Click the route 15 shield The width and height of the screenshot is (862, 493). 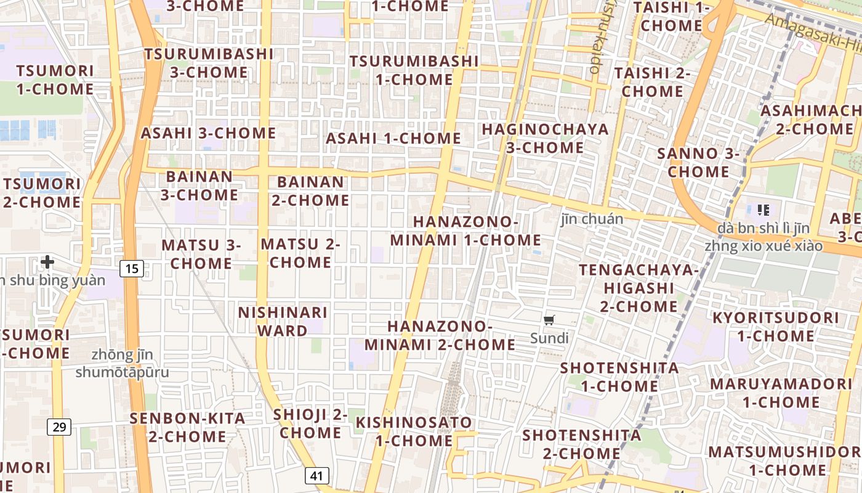click(132, 268)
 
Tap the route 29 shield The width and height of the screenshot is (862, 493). click(59, 426)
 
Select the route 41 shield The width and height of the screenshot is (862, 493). click(316, 476)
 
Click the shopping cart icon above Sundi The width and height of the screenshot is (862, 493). click(549, 320)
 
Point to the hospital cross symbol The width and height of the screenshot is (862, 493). click(47, 263)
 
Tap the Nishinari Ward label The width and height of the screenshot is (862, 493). click(283, 321)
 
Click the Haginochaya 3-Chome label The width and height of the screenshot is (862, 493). click(545, 139)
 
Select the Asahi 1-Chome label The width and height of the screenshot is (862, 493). click(393, 139)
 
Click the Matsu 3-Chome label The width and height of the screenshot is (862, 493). click(201, 254)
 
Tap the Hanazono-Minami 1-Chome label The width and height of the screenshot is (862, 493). click(465, 230)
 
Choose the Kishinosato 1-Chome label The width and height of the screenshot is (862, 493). click(414, 431)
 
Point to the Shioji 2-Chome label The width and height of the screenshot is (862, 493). click(310, 423)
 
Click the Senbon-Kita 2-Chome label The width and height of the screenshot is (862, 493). click(187, 427)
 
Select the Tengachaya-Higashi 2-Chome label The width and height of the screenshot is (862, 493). click(639, 288)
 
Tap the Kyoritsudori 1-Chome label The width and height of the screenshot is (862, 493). click(775, 327)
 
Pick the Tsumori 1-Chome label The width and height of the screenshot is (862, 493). click(55, 79)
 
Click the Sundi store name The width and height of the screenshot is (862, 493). click(549, 338)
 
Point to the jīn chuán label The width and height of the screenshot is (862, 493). click(592, 219)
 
